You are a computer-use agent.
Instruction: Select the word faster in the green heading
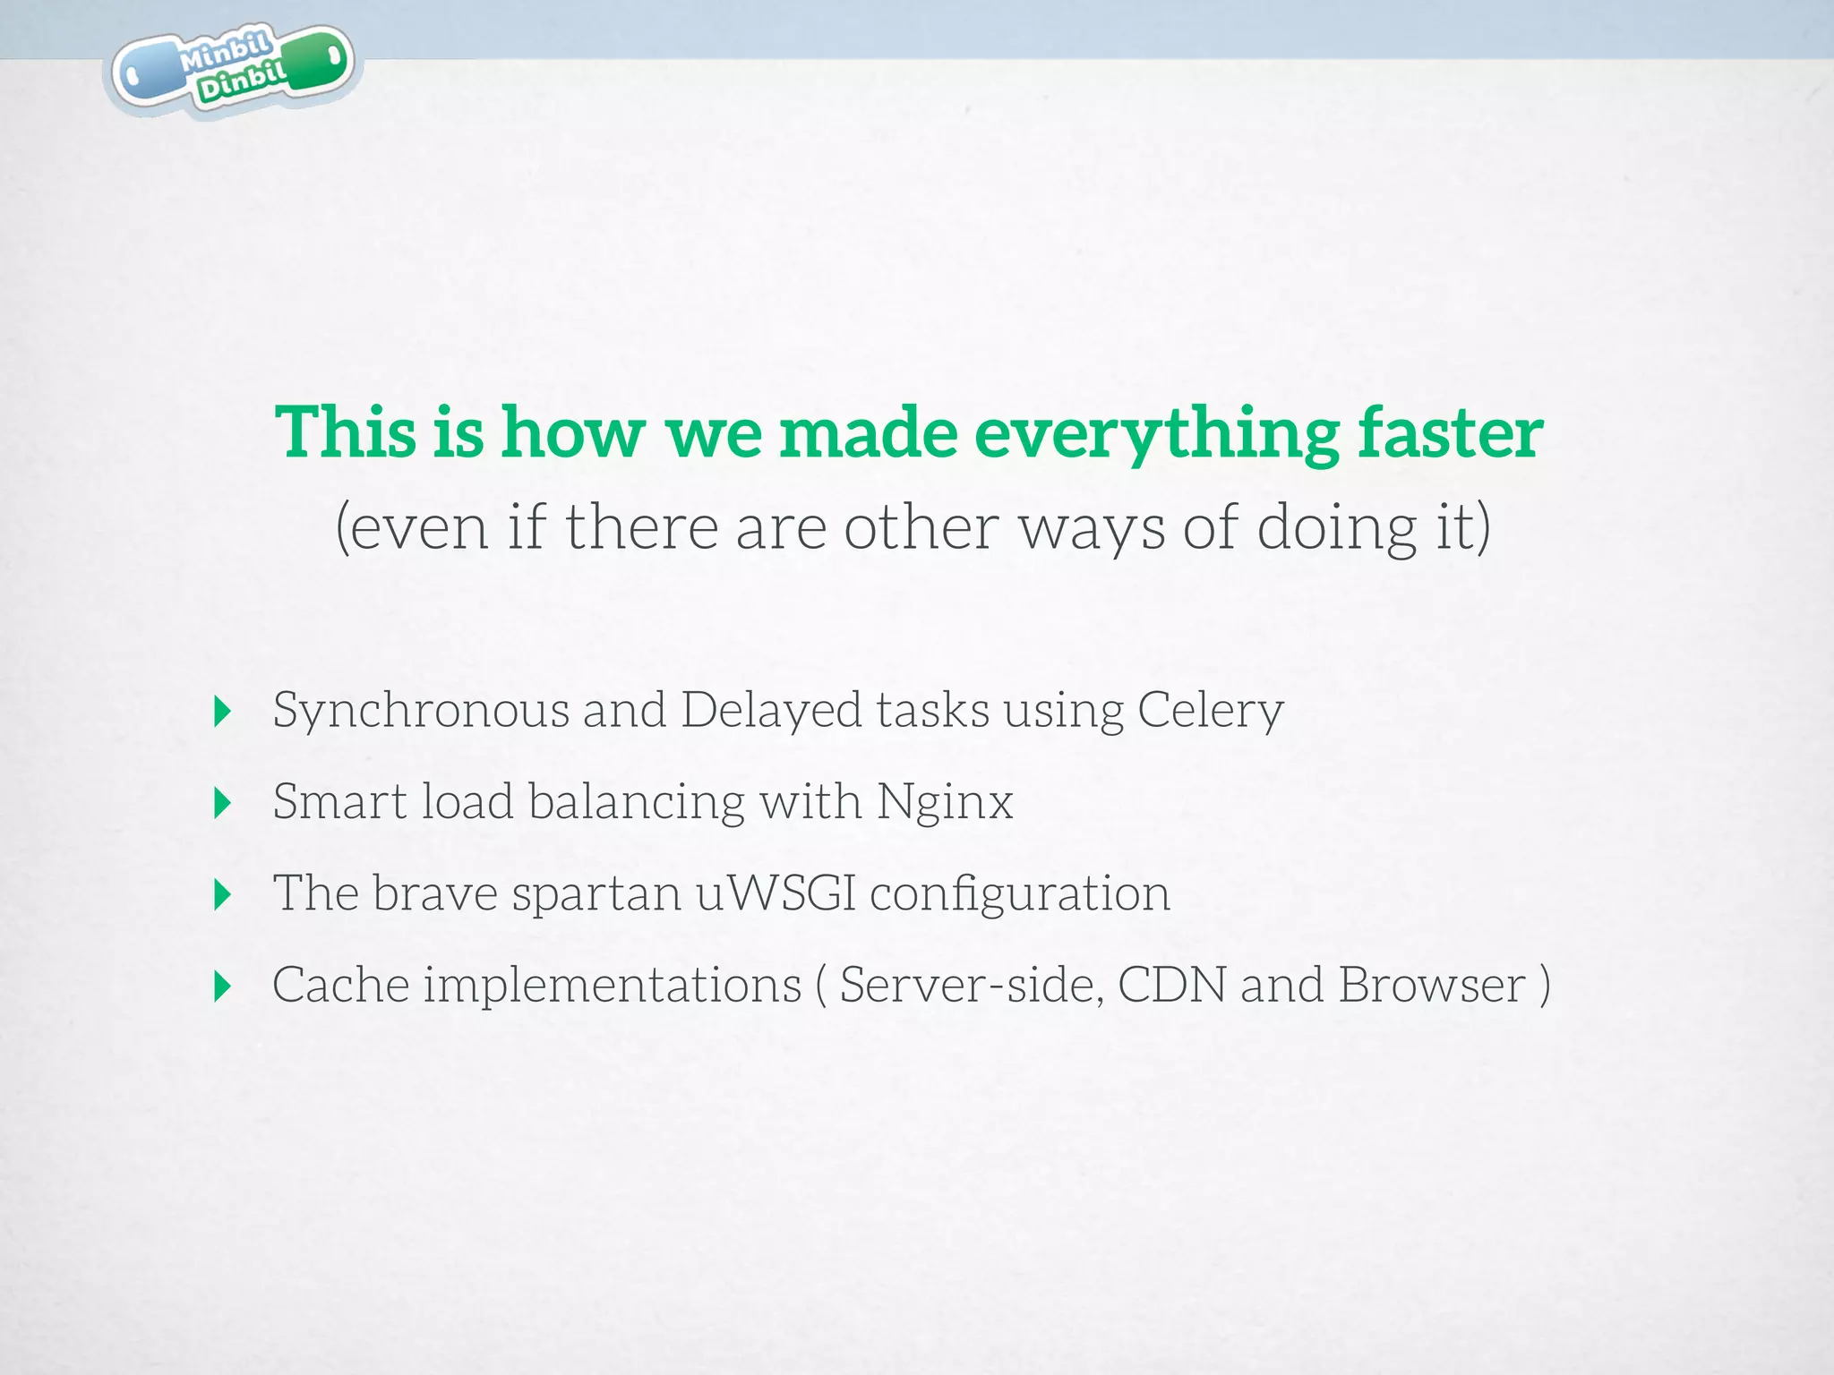(1450, 433)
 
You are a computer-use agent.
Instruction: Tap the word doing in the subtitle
(1336, 528)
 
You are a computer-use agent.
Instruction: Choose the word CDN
(1171, 985)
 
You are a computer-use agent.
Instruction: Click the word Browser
(1431, 985)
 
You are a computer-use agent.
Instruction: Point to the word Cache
(340, 985)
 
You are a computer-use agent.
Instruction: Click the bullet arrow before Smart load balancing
(223, 803)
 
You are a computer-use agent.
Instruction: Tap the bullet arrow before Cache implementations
(223, 986)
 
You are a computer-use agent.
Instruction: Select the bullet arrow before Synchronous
(223, 712)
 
